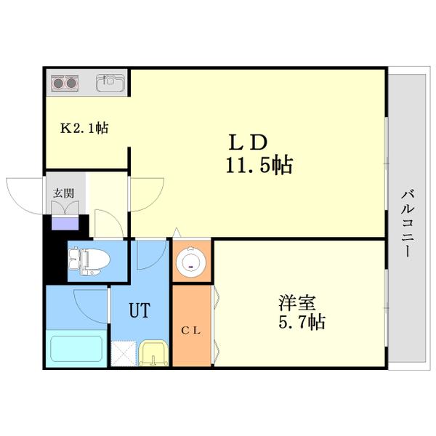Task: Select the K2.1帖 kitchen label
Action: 84,129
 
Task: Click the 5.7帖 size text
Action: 300,320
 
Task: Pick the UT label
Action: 140,311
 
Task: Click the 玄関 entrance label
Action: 62,193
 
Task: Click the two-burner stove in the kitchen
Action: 65,83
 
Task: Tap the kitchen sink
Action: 110,82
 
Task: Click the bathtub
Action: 76,350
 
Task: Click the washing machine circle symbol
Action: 192,262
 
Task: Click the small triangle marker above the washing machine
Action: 177,234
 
